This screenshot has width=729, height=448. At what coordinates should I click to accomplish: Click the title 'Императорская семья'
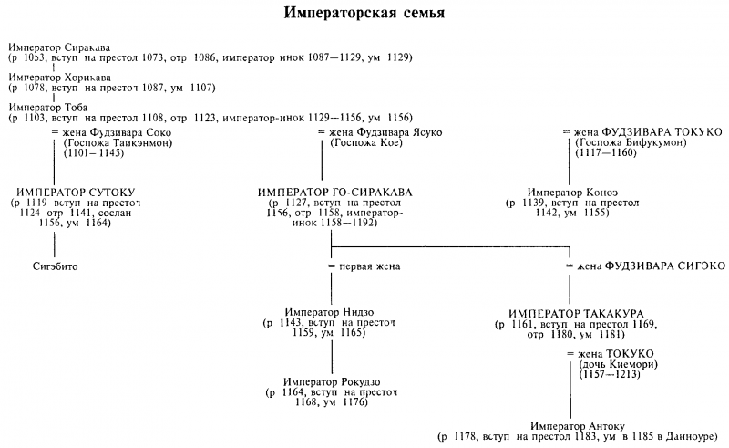pos(364,16)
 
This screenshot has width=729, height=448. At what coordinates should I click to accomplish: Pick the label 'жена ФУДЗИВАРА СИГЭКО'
pos(652,266)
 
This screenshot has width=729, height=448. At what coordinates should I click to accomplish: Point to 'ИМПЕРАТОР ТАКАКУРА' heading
pos(570,312)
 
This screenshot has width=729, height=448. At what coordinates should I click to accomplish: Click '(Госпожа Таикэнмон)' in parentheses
pos(118,143)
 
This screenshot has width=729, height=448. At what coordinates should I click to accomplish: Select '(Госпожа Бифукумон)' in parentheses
pos(630,143)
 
